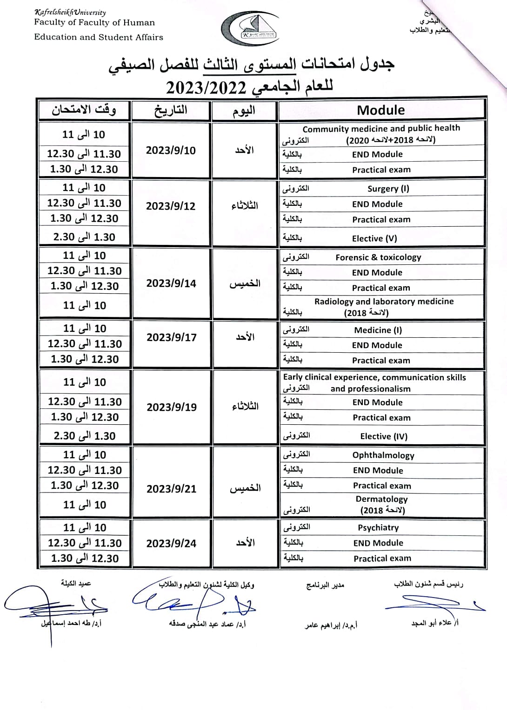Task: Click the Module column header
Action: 380,110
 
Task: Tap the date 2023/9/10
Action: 171,150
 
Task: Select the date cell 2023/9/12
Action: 171,206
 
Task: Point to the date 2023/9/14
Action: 171,283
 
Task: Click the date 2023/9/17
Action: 172,337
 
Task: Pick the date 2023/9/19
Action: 172,407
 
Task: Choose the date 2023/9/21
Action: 172,488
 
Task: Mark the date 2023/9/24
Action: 172,543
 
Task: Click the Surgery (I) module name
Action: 388,189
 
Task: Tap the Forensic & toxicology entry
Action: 378,257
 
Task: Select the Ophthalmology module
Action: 383,455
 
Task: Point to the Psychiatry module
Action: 378,527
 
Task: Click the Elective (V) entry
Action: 374,238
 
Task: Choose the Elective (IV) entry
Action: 384,436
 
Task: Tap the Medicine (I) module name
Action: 378,330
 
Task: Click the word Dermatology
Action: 381,499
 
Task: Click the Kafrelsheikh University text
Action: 70,13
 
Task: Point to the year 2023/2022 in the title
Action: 206,87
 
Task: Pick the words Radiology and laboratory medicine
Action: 384,301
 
